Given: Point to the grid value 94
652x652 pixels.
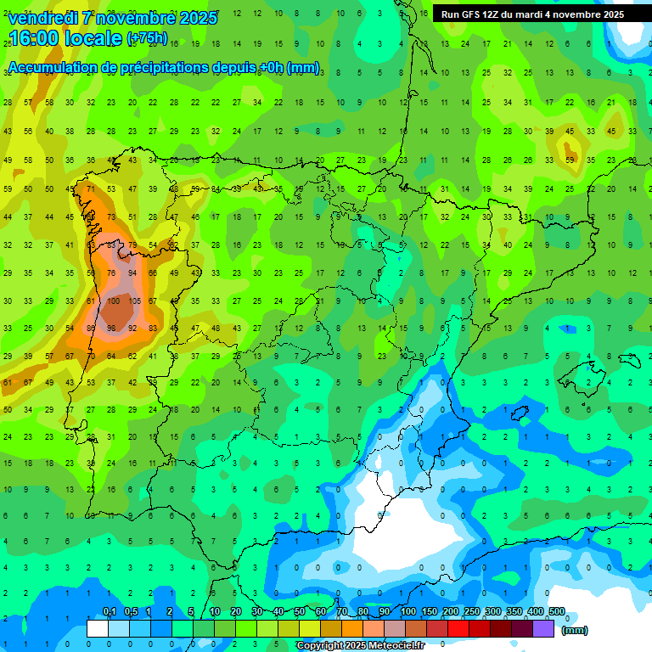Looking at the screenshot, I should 132,273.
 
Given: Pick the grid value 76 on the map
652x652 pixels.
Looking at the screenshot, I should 112,273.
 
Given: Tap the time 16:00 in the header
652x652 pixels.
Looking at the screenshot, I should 36,37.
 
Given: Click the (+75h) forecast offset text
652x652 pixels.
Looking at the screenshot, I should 147,38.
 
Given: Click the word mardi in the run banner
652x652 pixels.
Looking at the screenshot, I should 537,14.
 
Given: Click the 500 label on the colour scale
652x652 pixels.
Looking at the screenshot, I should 557,612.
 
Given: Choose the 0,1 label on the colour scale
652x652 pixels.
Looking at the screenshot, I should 110,612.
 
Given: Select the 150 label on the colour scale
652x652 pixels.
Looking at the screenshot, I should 430,612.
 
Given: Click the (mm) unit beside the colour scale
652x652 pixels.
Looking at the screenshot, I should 575,630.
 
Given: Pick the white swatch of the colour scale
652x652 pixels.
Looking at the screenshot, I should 98,628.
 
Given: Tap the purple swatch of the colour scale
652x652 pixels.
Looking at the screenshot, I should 543,628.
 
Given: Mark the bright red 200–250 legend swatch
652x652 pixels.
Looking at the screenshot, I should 458,628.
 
